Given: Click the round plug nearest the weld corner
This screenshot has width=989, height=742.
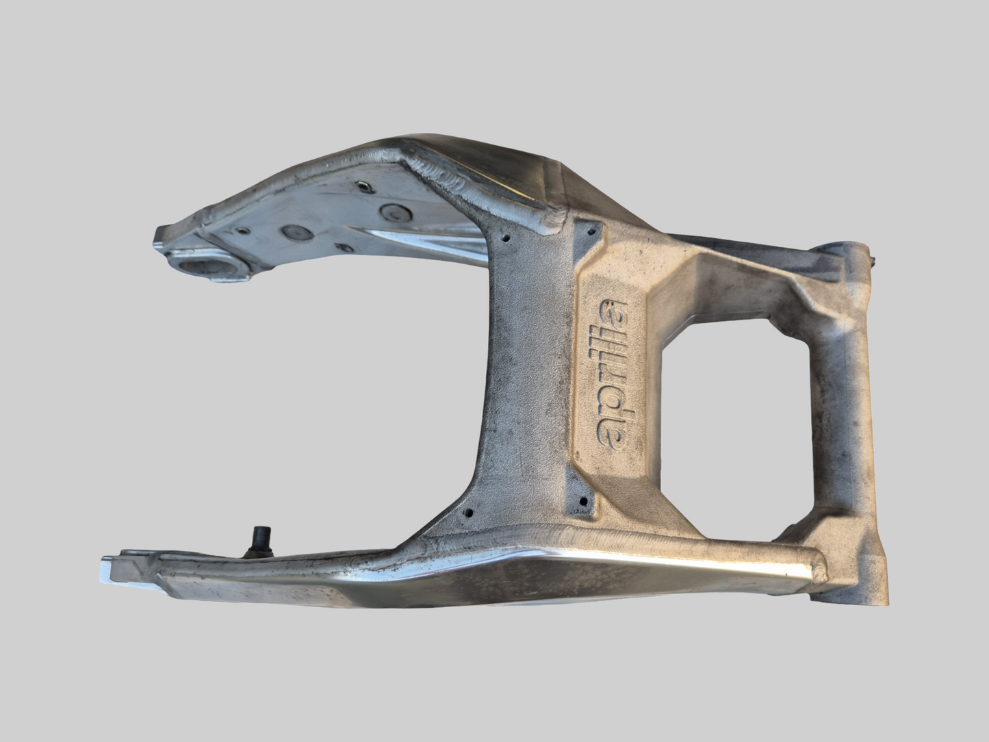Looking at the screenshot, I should point(393,212).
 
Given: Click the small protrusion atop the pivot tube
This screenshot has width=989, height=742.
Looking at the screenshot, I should point(872,258).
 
